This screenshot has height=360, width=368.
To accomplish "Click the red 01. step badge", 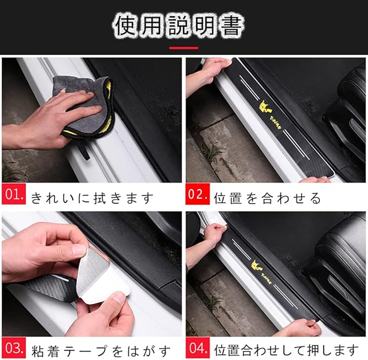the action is pyautogui.click(x=14, y=194).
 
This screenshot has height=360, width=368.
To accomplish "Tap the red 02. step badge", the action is pyautogui.click(x=198, y=194).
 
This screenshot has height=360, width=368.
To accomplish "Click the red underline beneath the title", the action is pyautogui.click(x=184, y=48).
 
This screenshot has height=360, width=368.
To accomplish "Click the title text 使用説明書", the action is pyautogui.click(x=179, y=25).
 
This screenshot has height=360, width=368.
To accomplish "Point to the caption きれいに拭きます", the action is pyautogui.click(x=92, y=198).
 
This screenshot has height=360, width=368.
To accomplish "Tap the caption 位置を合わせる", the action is pyautogui.click(x=267, y=198).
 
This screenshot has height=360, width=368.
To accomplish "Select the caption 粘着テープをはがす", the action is pyautogui.click(x=101, y=351).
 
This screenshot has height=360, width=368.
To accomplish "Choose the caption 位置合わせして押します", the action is pyautogui.click(x=286, y=351).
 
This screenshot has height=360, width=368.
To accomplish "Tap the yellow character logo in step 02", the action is pyautogui.click(x=265, y=107).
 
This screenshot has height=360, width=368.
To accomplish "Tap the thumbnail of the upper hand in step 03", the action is pyautogui.click(x=79, y=250).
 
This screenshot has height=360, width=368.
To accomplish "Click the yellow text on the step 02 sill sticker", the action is pyautogui.click(x=275, y=122).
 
